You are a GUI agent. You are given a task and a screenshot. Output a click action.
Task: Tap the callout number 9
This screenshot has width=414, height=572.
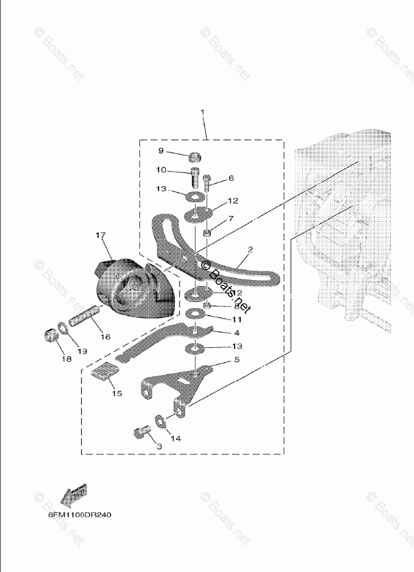162,152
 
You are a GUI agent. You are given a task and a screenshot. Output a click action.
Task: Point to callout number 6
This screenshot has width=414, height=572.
231,179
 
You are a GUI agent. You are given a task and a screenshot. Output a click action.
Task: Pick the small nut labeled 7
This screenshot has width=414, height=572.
207,233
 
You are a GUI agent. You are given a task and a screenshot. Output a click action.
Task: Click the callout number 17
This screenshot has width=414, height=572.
101,235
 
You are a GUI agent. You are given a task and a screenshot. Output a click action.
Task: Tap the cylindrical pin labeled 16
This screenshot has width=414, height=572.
86,318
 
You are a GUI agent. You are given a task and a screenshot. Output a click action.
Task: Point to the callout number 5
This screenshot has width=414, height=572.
236,360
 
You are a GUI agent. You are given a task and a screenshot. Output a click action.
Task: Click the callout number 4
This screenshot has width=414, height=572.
236,333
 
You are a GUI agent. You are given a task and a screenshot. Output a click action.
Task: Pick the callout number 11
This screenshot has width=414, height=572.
236,319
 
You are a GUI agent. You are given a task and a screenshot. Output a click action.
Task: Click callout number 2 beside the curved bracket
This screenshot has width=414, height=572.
250,250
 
